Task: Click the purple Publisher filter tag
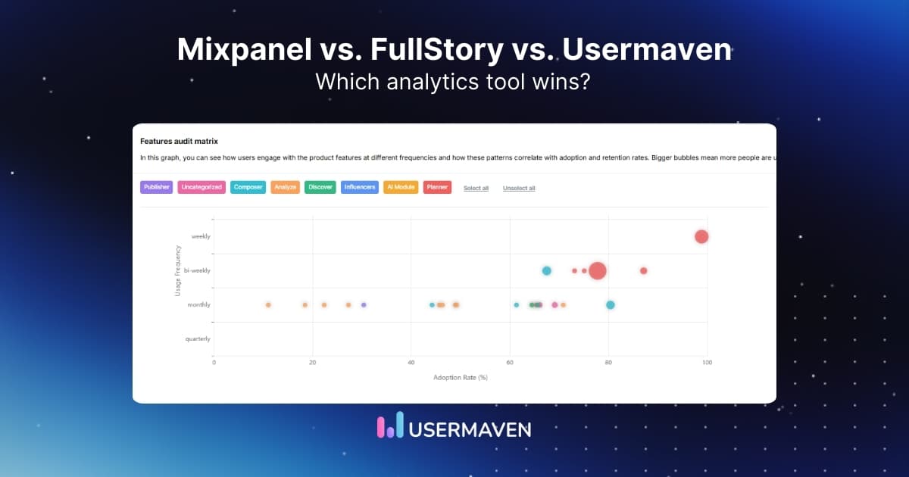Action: pyautogui.click(x=157, y=187)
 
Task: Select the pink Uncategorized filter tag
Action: pyautogui.click(x=201, y=187)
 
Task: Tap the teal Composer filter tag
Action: pyautogui.click(x=248, y=187)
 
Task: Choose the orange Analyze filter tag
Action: pyautogui.click(x=285, y=187)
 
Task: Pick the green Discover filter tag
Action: pyautogui.click(x=320, y=187)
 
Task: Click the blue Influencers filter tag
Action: pyautogui.click(x=360, y=187)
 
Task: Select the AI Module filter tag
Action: pyautogui.click(x=401, y=187)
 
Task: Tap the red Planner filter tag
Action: pyautogui.click(x=438, y=187)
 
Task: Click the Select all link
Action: pyautogui.click(x=476, y=188)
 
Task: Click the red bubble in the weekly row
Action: pyautogui.click(x=701, y=236)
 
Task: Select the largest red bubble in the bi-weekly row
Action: pyautogui.click(x=598, y=270)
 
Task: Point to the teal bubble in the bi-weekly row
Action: pyautogui.click(x=546, y=270)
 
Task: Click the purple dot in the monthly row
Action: pyautogui.click(x=364, y=304)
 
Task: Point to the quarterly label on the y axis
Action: pyautogui.click(x=198, y=338)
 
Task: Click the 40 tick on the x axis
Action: pyautogui.click(x=411, y=363)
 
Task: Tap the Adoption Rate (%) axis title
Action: pyautogui.click(x=460, y=377)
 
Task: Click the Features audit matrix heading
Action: pyautogui.click(x=179, y=141)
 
